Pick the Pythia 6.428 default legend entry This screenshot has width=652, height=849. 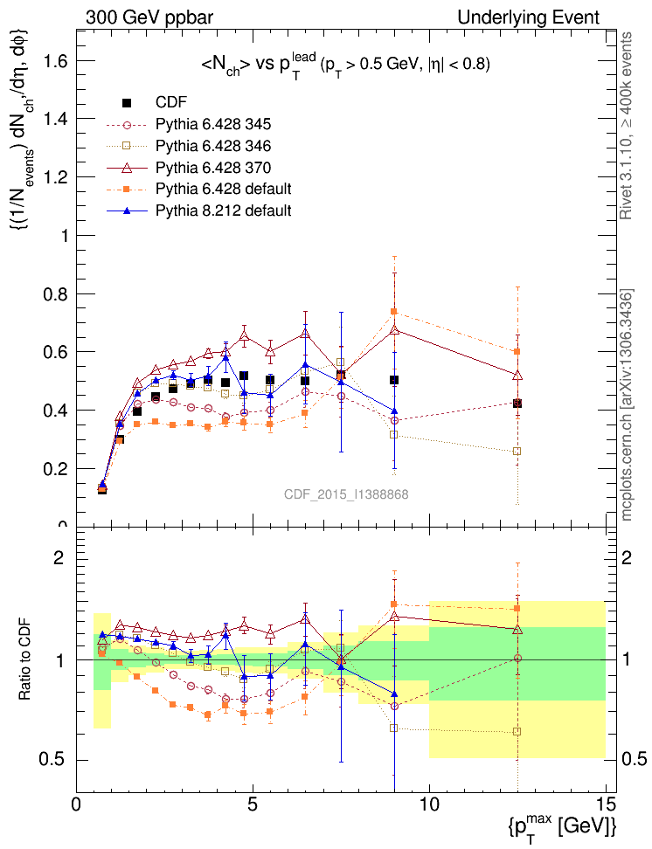pyautogui.click(x=223, y=189)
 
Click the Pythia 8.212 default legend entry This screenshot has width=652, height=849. pyautogui.click(x=223, y=211)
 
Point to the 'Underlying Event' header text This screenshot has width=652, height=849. pyautogui.click(x=529, y=17)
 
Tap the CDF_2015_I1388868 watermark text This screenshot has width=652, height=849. pyautogui.click(x=346, y=494)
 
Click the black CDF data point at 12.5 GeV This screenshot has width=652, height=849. pyautogui.click(x=517, y=404)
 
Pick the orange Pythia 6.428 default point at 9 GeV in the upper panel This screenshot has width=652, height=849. pyautogui.click(x=394, y=312)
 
